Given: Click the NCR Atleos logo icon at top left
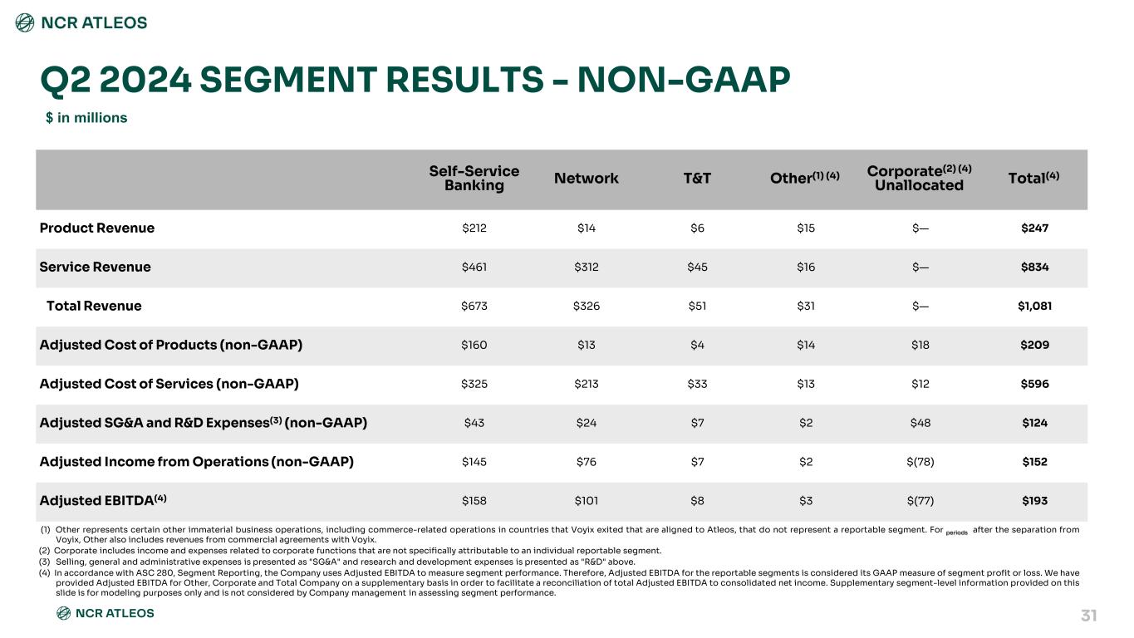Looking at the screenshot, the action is [25, 22].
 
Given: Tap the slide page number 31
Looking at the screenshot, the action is [1088, 616].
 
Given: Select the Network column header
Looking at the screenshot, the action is [587, 179].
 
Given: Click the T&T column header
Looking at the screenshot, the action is [697, 179].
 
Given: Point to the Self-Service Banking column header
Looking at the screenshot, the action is [474, 179].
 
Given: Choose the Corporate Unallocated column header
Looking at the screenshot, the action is [920, 178].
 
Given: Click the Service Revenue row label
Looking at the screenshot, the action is [96, 267].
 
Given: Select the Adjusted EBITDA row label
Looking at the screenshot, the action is [103, 500].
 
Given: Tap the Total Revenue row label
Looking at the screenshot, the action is [94, 306].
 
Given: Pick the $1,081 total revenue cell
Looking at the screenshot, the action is [1035, 306].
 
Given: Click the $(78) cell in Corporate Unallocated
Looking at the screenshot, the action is [920, 462].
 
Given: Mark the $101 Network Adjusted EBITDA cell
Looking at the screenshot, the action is [587, 501].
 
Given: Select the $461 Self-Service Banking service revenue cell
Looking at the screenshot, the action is [474, 267].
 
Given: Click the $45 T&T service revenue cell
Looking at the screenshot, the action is [697, 267].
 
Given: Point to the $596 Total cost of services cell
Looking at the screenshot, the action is [1035, 384].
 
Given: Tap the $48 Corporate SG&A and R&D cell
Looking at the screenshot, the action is [920, 423].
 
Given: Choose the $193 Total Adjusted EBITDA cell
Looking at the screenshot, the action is [1035, 501].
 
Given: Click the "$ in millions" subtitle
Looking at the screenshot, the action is [86, 118].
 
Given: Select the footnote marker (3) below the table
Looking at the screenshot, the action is [45, 562].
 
